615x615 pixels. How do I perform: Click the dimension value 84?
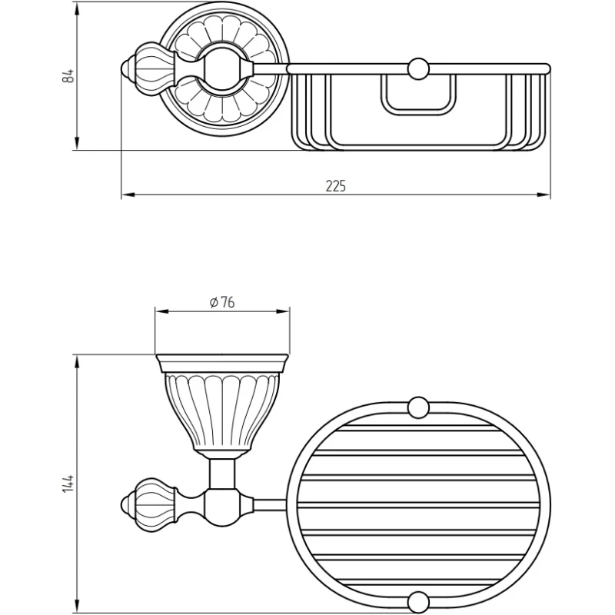(x=68, y=75)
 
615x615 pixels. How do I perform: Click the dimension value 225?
(x=336, y=186)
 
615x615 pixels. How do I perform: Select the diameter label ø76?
(x=222, y=302)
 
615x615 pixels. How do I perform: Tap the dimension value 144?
(x=68, y=484)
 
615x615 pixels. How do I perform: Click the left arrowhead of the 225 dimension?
(x=128, y=194)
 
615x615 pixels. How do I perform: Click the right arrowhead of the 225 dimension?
(x=544, y=194)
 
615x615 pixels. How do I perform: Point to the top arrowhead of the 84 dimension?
(x=77, y=9)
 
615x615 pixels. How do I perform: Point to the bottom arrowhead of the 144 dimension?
(x=77, y=605)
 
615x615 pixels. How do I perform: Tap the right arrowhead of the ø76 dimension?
(x=283, y=311)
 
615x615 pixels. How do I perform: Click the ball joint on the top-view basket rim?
(x=418, y=69)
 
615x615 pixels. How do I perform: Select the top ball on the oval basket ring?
(x=418, y=407)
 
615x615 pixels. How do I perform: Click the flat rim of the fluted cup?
(x=222, y=364)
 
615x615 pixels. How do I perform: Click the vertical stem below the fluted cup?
(x=222, y=474)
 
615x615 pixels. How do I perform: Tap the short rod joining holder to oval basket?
(x=270, y=505)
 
